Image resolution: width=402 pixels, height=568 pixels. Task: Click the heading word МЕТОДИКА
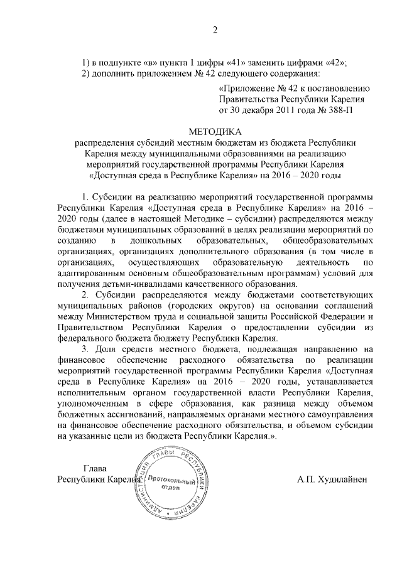[x=215, y=131]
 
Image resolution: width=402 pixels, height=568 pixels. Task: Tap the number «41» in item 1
[x=258, y=63]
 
